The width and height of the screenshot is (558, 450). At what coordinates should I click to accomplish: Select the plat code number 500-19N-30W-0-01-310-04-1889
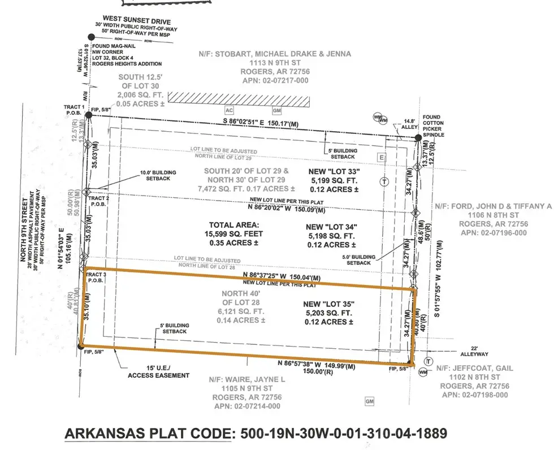(x=343, y=434)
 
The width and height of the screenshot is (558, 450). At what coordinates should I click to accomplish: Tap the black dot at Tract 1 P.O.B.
(x=89, y=115)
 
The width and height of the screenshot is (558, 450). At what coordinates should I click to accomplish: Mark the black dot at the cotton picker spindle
(x=418, y=137)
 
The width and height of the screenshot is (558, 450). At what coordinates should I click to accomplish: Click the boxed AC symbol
(x=230, y=111)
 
